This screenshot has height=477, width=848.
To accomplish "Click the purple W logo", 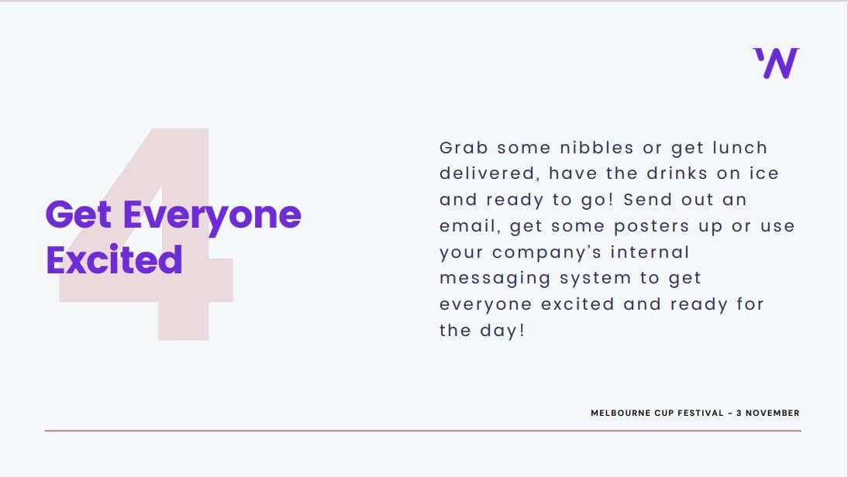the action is coord(776,63).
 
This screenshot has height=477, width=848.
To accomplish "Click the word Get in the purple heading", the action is coord(78,214).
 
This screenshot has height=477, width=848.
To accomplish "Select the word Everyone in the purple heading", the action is coord(212,217).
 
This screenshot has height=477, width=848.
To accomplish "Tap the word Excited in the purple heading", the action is coord(114,260).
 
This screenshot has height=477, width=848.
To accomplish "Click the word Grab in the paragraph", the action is coord(464,147).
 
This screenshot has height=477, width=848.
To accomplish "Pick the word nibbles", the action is coord(597,147).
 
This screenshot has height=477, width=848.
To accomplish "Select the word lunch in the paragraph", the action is coord(739,147).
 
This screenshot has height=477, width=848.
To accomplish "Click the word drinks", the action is coord(677,173).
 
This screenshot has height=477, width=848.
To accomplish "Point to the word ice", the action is coord(764,173).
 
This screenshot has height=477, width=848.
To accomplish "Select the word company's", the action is coord(546,252).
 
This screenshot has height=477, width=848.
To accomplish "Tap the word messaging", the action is coord(495,279).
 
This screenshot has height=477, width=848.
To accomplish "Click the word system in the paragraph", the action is coord(595,279).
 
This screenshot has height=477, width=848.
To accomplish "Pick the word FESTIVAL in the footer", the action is coord(701,414).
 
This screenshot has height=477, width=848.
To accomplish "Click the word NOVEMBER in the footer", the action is coord(772,414).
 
